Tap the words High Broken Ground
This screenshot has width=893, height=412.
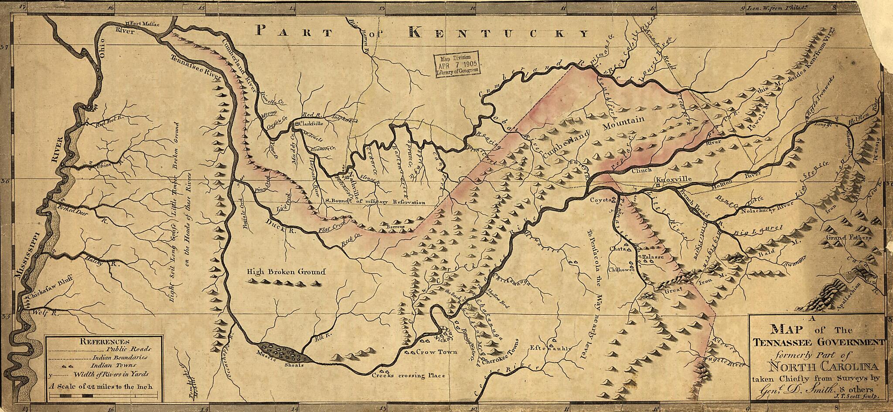(x=286, y=272)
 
